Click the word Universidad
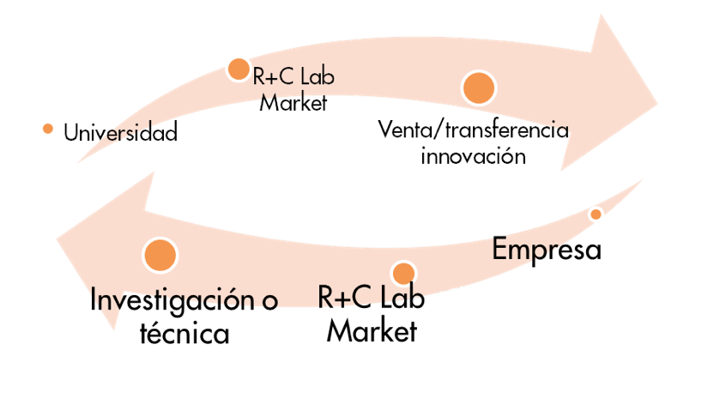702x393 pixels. (x=120, y=132)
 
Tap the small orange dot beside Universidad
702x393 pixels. (x=48, y=129)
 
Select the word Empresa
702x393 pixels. (x=546, y=250)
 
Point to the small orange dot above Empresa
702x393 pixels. (x=596, y=215)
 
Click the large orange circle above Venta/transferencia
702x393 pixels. (x=479, y=88)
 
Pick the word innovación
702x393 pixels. (x=473, y=156)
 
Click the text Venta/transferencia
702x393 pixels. (x=473, y=130)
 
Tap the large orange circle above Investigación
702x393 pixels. (x=160, y=255)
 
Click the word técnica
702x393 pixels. (x=185, y=333)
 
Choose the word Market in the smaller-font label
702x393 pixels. (x=294, y=102)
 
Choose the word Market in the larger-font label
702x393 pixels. (x=372, y=331)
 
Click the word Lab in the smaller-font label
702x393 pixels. (x=317, y=76)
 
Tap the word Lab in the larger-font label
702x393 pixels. (x=402, y=296)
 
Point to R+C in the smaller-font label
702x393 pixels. (x=273, y=76)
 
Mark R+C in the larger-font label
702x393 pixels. (x=345, y=297)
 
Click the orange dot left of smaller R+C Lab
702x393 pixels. (x=239, y=70)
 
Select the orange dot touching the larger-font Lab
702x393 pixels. (x=403, y=274)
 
